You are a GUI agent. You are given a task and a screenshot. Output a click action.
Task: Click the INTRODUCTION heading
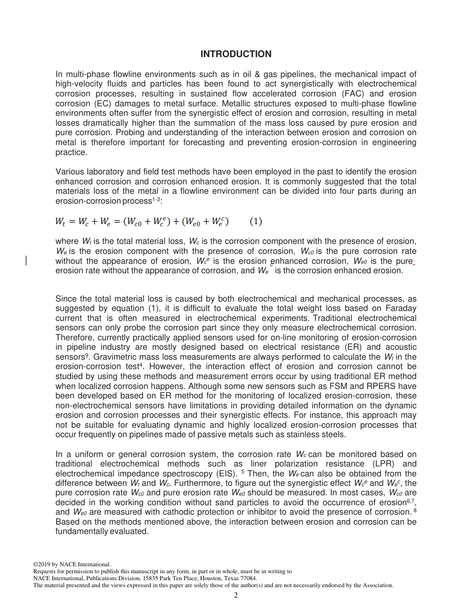click(x=236, y=54)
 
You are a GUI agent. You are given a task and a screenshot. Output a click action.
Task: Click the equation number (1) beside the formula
click(x=255, y=222)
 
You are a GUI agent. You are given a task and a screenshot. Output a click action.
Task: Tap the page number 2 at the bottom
click(x=236, y=595)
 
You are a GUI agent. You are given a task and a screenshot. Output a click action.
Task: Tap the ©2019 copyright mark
click(x=45, y=564)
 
